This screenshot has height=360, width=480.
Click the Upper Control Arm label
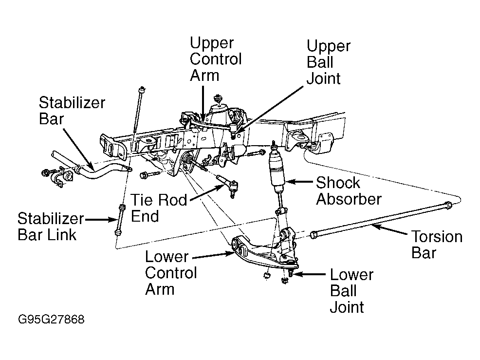pyautogui.click(x=215, y=59)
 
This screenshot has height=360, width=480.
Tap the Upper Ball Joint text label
pyautogui.click(x=328, y=62)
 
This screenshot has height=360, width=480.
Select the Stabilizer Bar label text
pyautogui.click(x=72, y=111)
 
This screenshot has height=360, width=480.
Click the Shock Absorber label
pyautogui.click(x=348, y=190)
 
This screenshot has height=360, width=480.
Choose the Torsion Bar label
pyautogui.click(x=436, y=245)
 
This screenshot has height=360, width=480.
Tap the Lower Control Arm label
pyautogui.click(x=170, y=272)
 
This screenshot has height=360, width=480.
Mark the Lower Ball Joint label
pyautogui.click(x=351, y=290)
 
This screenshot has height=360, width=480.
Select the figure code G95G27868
pyautogui.click(x=51, y=320)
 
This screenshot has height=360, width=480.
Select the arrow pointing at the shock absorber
pyautogui.click(x=299, y=183)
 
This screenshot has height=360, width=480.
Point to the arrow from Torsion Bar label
pyautogui.click(x=389, y=232)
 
